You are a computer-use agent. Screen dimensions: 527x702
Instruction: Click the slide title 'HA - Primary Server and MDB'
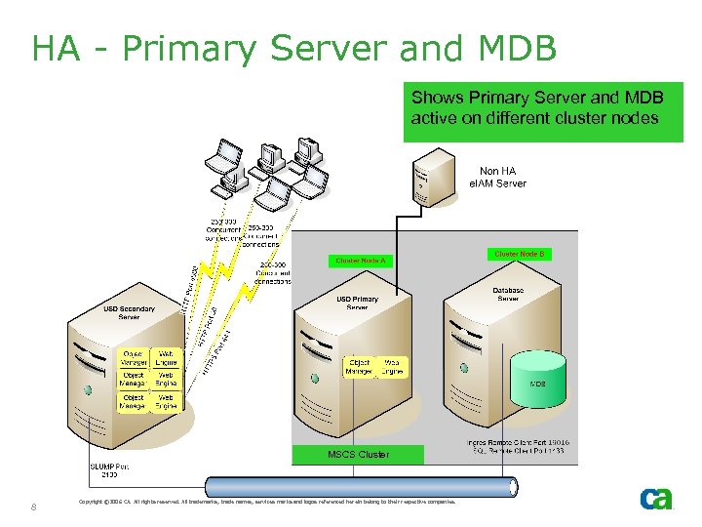[x=293, y=47]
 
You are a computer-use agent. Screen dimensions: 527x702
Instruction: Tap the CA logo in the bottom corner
[x=655, y=499]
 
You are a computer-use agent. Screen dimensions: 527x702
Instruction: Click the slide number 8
[x=34, y=507]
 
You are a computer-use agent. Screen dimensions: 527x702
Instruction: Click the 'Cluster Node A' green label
[x=361, y=261]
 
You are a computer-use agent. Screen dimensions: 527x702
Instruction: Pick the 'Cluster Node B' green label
[x=520, y=254]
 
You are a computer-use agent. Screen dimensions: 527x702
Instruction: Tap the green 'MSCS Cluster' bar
[x=359, y=454]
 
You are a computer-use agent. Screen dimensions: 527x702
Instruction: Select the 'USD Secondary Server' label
[x=129, y=312]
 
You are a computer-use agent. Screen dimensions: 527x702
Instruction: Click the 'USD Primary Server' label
[x=358, y=303]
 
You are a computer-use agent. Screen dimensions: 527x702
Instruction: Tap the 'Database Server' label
[x=508, y=294]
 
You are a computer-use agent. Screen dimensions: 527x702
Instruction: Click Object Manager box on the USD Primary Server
[x=359, y=367]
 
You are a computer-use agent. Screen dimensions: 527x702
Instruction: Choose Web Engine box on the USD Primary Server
[x=391, y=367]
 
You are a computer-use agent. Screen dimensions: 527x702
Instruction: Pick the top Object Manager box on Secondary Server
[x=134, y=358]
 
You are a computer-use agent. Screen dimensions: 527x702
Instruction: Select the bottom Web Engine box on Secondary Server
[x=166, y=402]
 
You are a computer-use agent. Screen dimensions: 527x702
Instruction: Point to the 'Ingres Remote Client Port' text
[x=519, y=443]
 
